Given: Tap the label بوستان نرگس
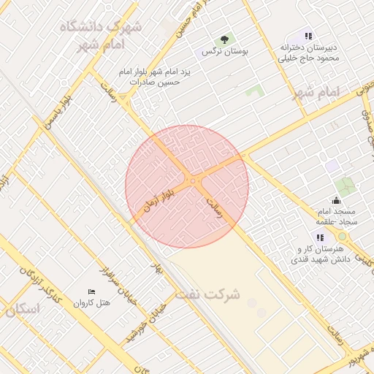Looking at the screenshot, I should coord(226,53).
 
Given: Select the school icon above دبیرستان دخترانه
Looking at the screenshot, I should coord(308,35).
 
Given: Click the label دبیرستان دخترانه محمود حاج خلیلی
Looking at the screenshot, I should coord(308,53).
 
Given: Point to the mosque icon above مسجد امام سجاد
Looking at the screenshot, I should coord(335,200).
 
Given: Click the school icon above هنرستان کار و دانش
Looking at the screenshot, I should coord(319,237).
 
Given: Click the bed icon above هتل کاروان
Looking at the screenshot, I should coord(91,291).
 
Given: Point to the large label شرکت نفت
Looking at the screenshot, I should coord(207,295).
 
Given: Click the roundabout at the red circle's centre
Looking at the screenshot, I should coord(193,180).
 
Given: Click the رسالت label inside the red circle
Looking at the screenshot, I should coord(218,202).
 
